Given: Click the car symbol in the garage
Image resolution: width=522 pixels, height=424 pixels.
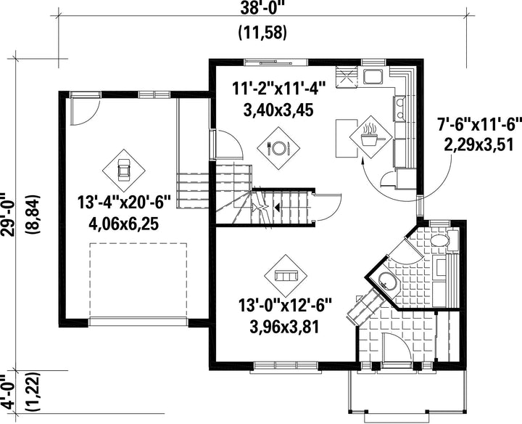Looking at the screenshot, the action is point(123,170).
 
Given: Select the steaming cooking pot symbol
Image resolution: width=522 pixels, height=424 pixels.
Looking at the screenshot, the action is point(371,136).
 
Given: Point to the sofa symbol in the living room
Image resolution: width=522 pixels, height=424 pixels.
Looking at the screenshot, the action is point(286,276).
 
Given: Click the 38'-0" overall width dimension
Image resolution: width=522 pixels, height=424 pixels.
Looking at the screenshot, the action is point(262,7).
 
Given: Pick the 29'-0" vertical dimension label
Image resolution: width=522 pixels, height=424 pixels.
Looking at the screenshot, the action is point(7,213).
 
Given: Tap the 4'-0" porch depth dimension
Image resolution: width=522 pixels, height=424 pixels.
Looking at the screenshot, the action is point(7,391).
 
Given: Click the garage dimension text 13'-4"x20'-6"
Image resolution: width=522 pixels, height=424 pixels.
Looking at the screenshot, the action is point(124,202).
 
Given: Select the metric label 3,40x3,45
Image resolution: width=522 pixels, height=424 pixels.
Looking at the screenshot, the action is point(278,110).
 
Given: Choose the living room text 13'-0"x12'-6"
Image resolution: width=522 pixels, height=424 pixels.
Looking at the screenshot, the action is point(285,306).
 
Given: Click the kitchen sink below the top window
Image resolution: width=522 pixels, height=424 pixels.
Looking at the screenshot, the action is point(373,76).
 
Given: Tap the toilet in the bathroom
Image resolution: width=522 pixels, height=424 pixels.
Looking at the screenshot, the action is point(444,240).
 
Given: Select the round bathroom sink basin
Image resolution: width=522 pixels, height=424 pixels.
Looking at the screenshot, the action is point(386,281).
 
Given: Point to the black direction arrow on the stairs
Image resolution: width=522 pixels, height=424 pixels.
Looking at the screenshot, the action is point(277,208).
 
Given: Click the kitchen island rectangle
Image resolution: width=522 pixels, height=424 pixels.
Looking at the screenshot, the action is point(347,138).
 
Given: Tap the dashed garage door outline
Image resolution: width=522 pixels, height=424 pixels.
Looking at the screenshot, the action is point(138,280).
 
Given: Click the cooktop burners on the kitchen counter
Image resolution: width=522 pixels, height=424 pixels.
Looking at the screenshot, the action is point(399,107).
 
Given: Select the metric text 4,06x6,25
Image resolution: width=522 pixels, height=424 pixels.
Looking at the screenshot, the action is point(123,224).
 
